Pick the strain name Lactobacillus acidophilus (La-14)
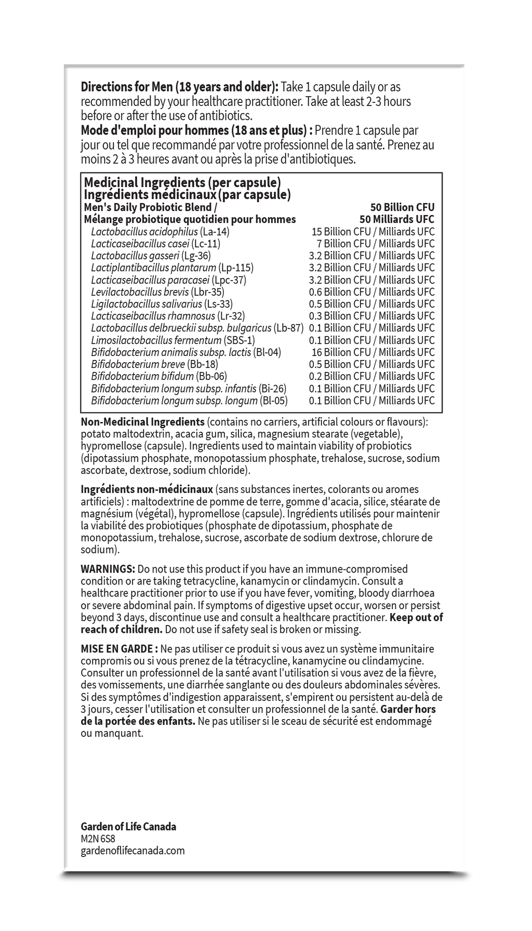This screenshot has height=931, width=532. click(160, 232)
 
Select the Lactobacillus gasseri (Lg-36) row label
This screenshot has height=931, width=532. click(151, 256)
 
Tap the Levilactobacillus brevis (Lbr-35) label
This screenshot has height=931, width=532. click(157, 292)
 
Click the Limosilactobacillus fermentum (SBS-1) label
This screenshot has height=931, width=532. click(173, 340)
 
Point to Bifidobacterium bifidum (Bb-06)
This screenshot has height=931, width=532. click(159, 376)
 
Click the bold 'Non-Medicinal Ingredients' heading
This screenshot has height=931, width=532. click(143, 422)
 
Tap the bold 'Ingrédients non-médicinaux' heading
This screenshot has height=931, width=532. click(147, 489)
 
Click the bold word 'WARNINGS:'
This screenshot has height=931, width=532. click(108, 569)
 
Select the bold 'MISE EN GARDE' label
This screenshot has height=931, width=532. click(119, 649)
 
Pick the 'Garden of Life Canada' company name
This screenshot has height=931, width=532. click(128, 827)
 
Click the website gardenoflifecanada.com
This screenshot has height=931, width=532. click(132, 850)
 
